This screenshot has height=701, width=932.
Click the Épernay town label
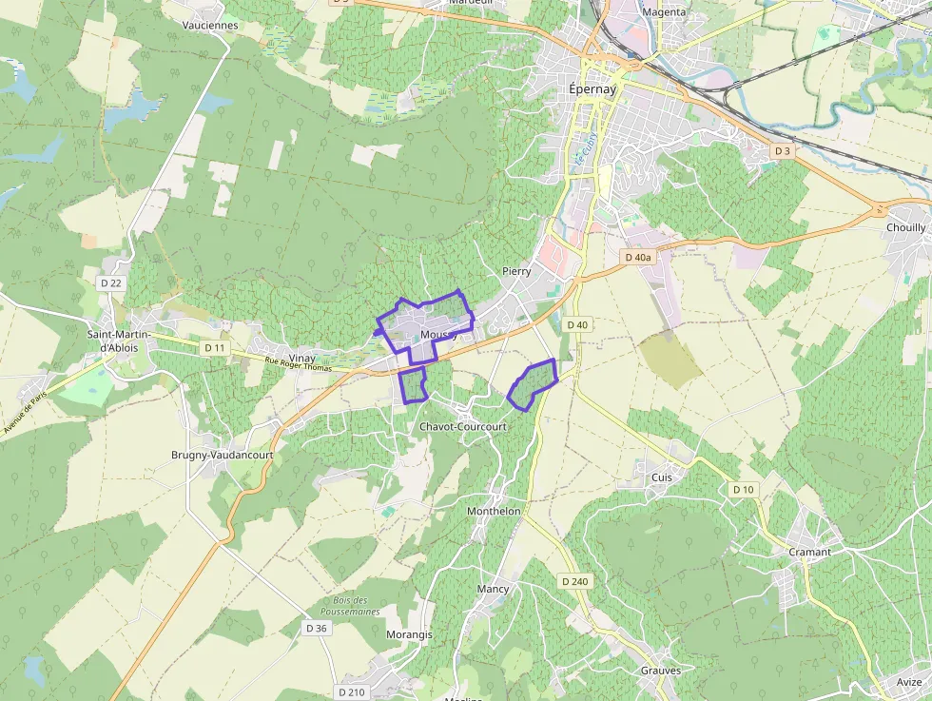tap(592, 88)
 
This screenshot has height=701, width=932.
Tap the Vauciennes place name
tap(210, 26)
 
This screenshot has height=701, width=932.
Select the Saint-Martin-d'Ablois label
tap(112, 341)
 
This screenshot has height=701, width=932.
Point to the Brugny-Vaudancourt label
tap(222, 455)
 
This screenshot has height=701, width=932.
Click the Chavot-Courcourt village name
tap(463, 427)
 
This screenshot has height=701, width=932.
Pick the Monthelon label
tap(494, 511)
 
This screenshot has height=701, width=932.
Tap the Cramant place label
tap(809, 552)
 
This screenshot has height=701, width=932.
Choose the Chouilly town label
tap(905, 228)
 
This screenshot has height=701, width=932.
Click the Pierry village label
tap(515, 271)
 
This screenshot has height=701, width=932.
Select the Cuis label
tap(662, 477)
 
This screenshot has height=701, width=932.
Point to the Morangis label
tap(409, 634)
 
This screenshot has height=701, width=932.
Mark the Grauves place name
tap(660, 671)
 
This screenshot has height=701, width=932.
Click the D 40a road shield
tap(637, 258)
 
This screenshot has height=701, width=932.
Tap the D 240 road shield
tap(574, 580)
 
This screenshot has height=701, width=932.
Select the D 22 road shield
tap(111, 282)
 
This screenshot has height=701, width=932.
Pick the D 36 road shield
tap(317, 628)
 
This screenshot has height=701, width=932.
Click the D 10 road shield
tap(743, 489)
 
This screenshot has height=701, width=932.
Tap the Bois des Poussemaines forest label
tap(357, 606)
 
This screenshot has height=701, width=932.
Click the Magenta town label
tap(664, 12)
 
